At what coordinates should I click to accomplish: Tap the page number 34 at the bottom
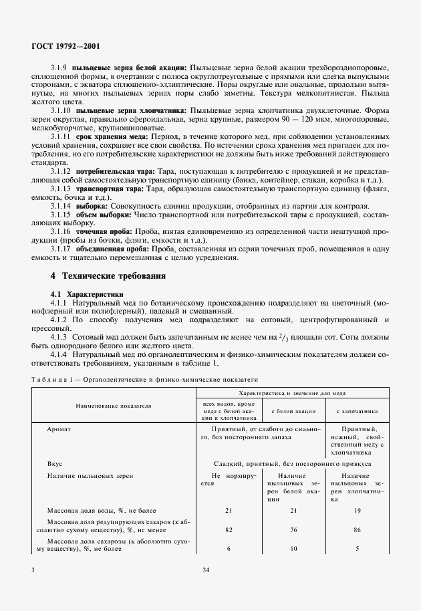coord(206,570)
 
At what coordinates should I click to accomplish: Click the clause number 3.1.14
coord(60,207)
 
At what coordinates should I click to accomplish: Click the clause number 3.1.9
coord(58,68)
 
